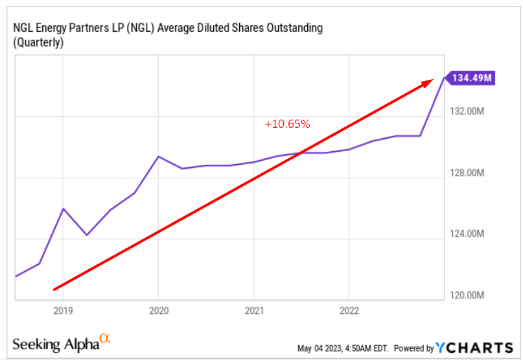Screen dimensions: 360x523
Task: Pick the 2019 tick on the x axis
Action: coord(63,310)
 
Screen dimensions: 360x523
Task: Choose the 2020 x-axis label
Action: coord(159,310)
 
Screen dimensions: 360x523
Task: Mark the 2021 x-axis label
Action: coord(254,310)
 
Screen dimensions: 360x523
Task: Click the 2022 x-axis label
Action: coord(349,310)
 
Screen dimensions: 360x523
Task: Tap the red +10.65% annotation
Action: coord(287,124)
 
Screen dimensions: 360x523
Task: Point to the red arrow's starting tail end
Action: coord(54,289)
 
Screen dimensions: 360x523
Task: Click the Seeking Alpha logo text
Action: coord(54,343)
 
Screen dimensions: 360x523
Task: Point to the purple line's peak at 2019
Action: coord(63,208)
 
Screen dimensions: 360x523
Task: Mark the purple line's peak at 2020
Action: coord(159,156)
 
